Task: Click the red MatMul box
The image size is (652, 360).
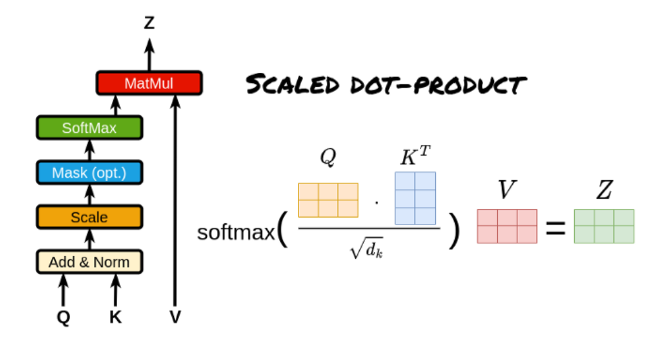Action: coord(149,83)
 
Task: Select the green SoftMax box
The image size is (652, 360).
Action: coord(89,128)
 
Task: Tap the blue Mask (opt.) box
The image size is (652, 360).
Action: coord(89,172)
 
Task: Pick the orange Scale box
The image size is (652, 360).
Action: coord(89,217)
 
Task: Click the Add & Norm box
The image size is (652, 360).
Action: coord(89,261)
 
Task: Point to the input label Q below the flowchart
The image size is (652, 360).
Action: coord(63,316)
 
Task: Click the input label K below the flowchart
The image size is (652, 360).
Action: coord(115,316)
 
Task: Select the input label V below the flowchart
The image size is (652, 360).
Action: coord(175,316)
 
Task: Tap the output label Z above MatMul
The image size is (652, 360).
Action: coord(149,23)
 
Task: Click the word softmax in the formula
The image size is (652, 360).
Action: coord(236,232)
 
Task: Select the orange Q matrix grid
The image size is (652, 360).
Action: coord(328,200)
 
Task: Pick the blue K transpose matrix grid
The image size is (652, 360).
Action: coord(415,198)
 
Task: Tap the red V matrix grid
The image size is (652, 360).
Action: coord(507,226)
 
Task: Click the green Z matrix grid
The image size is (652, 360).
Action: coord(604,226)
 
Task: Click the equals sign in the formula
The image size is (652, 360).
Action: coord(555,228)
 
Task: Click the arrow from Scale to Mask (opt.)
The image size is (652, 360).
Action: coord(89,194)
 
